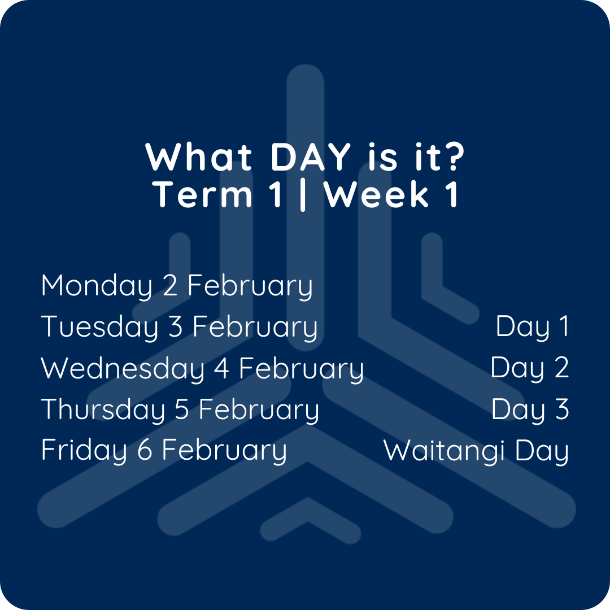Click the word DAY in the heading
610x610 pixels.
pos(311,157)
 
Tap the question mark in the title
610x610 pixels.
pos(453,156)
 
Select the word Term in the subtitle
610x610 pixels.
pos(202,194)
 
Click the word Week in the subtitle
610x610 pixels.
pos(377,194)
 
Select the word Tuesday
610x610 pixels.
pos(99,327)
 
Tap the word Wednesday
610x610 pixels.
pos(123,368)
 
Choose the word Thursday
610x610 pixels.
pos(103,409)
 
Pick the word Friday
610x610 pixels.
pos(84,450)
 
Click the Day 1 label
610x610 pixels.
pos(532,327)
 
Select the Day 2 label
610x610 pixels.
pos(529,368)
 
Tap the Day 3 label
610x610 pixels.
pos(530,409)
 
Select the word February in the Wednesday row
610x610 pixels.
pos(302,369)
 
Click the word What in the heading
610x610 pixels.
pos(199,157)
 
